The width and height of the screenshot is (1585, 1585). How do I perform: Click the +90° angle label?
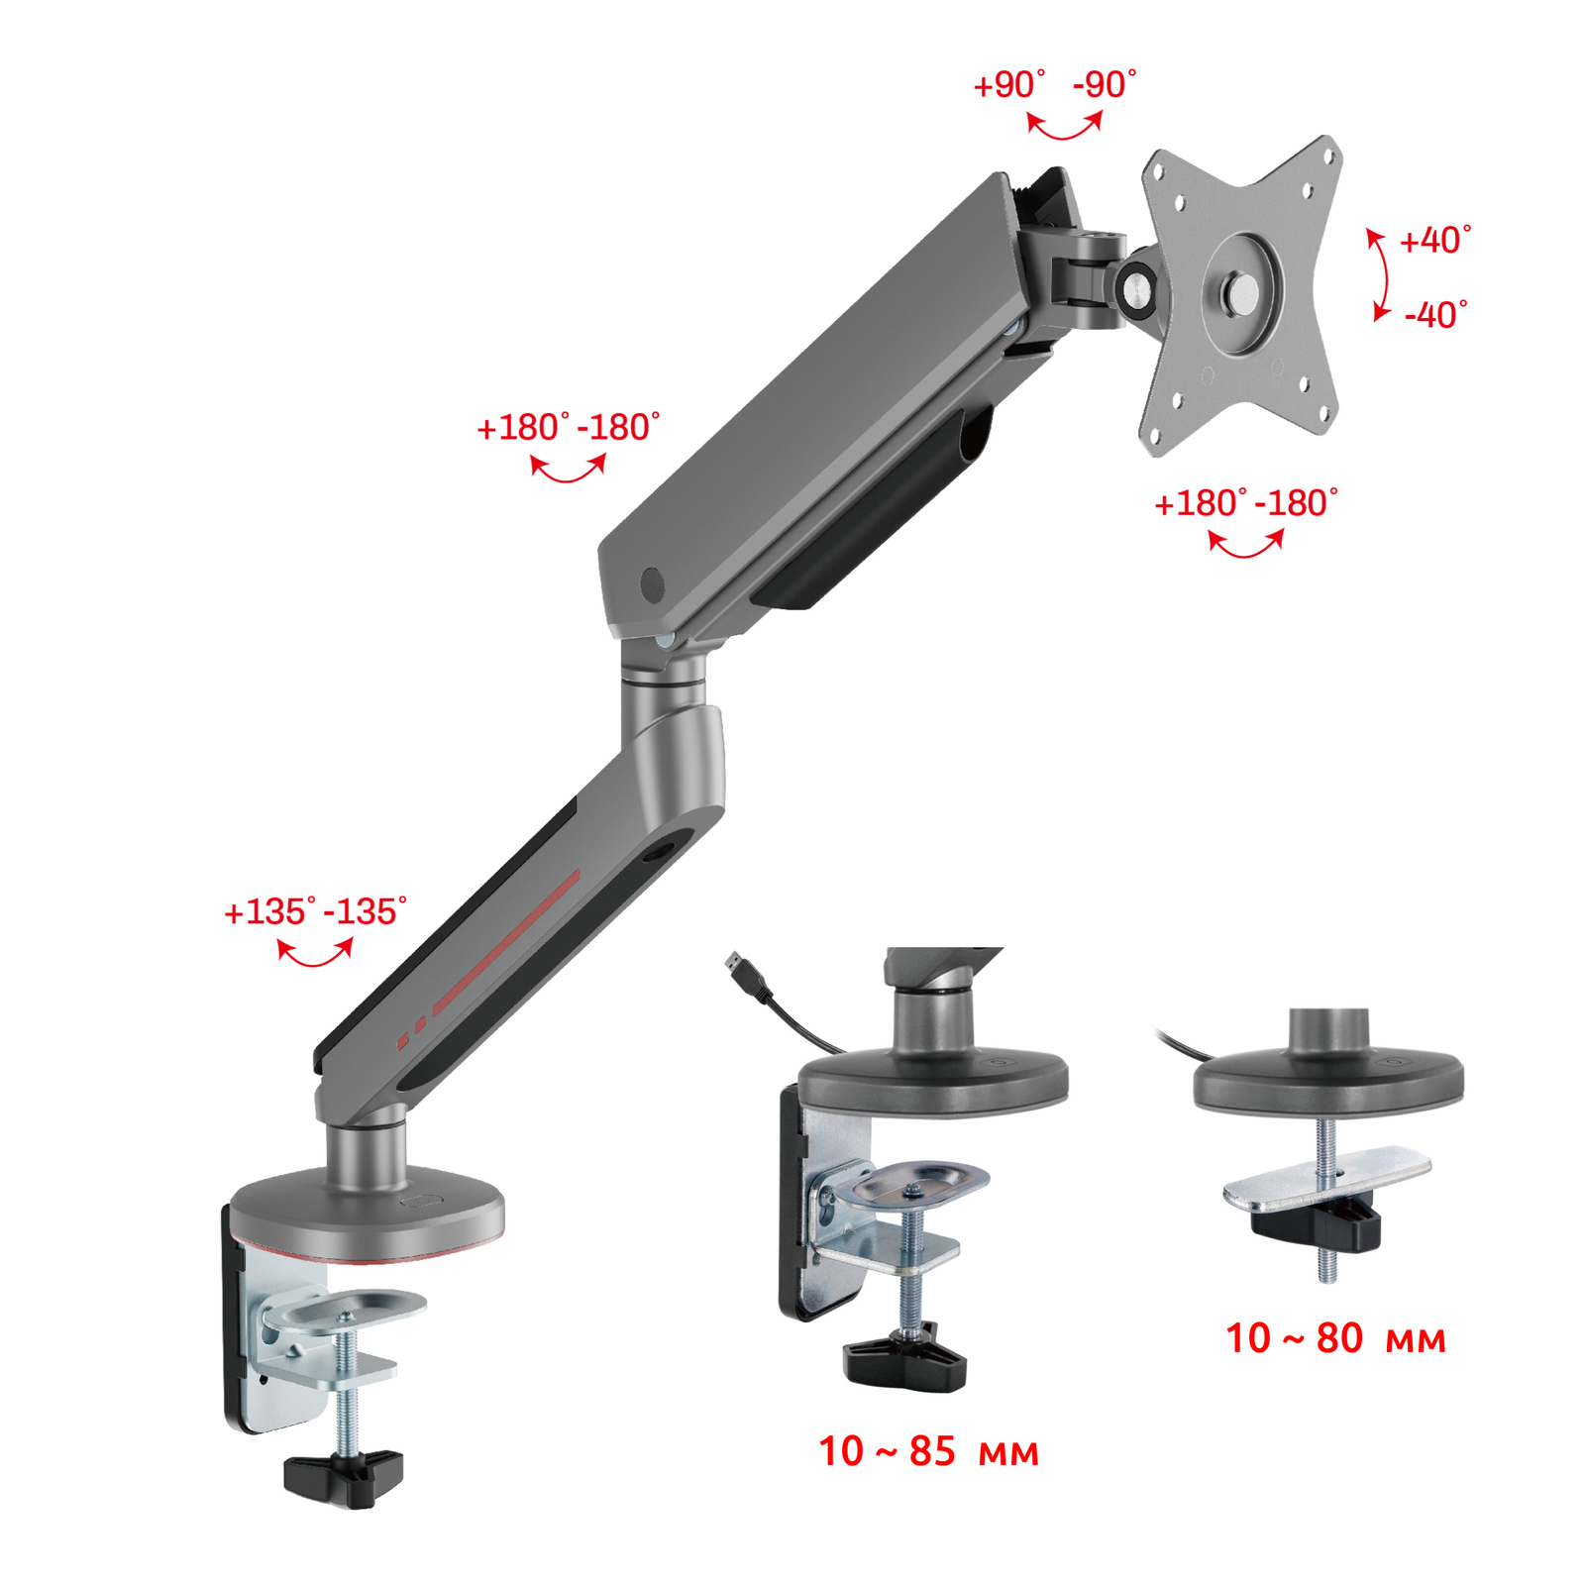[1008, 85]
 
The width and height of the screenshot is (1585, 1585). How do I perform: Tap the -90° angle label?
[1105, 85]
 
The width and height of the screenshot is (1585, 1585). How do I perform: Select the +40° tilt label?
[1434, 240]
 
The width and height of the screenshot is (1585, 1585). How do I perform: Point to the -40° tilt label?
[1435, 315]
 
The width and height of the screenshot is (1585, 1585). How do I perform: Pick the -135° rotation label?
[365, 911]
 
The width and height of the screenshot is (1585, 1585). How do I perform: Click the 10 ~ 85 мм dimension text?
[928, 1451]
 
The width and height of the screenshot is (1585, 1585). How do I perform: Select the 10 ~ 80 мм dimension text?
[1335, 1338]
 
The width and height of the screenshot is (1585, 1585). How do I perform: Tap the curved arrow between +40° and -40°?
[1382, 274]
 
